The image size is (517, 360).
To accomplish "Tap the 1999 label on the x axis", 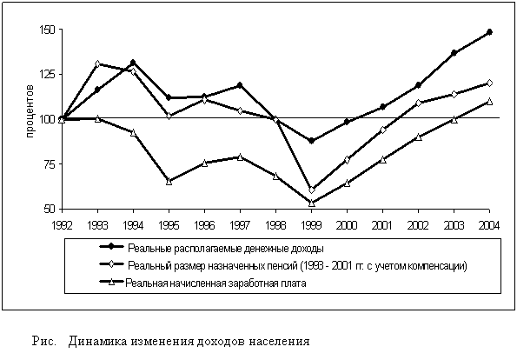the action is [311, 225].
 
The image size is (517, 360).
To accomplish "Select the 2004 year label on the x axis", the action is [489, 225].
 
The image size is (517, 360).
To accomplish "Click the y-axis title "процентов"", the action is [30, 111].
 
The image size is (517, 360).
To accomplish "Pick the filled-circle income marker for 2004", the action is [489, 32].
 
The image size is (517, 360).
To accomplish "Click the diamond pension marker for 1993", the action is [97, 63].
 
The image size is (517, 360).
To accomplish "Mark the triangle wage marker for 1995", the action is [169, 181].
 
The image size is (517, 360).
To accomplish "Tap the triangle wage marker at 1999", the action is [311, 203].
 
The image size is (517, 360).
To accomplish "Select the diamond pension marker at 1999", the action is [311, 190].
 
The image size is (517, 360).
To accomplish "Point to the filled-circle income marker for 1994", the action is [133, 62].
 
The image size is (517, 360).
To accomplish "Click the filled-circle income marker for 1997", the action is [240, 85].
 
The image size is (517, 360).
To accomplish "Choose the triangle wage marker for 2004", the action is [489, 102].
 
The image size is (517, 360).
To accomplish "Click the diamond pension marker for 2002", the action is [418, 103].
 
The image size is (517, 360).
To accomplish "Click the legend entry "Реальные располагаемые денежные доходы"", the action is [226, 248].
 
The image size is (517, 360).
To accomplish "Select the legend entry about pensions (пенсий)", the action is [297, 265].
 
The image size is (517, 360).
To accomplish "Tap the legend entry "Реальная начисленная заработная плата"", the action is [215, 283].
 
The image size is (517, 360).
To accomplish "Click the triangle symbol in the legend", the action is [111, 282].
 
